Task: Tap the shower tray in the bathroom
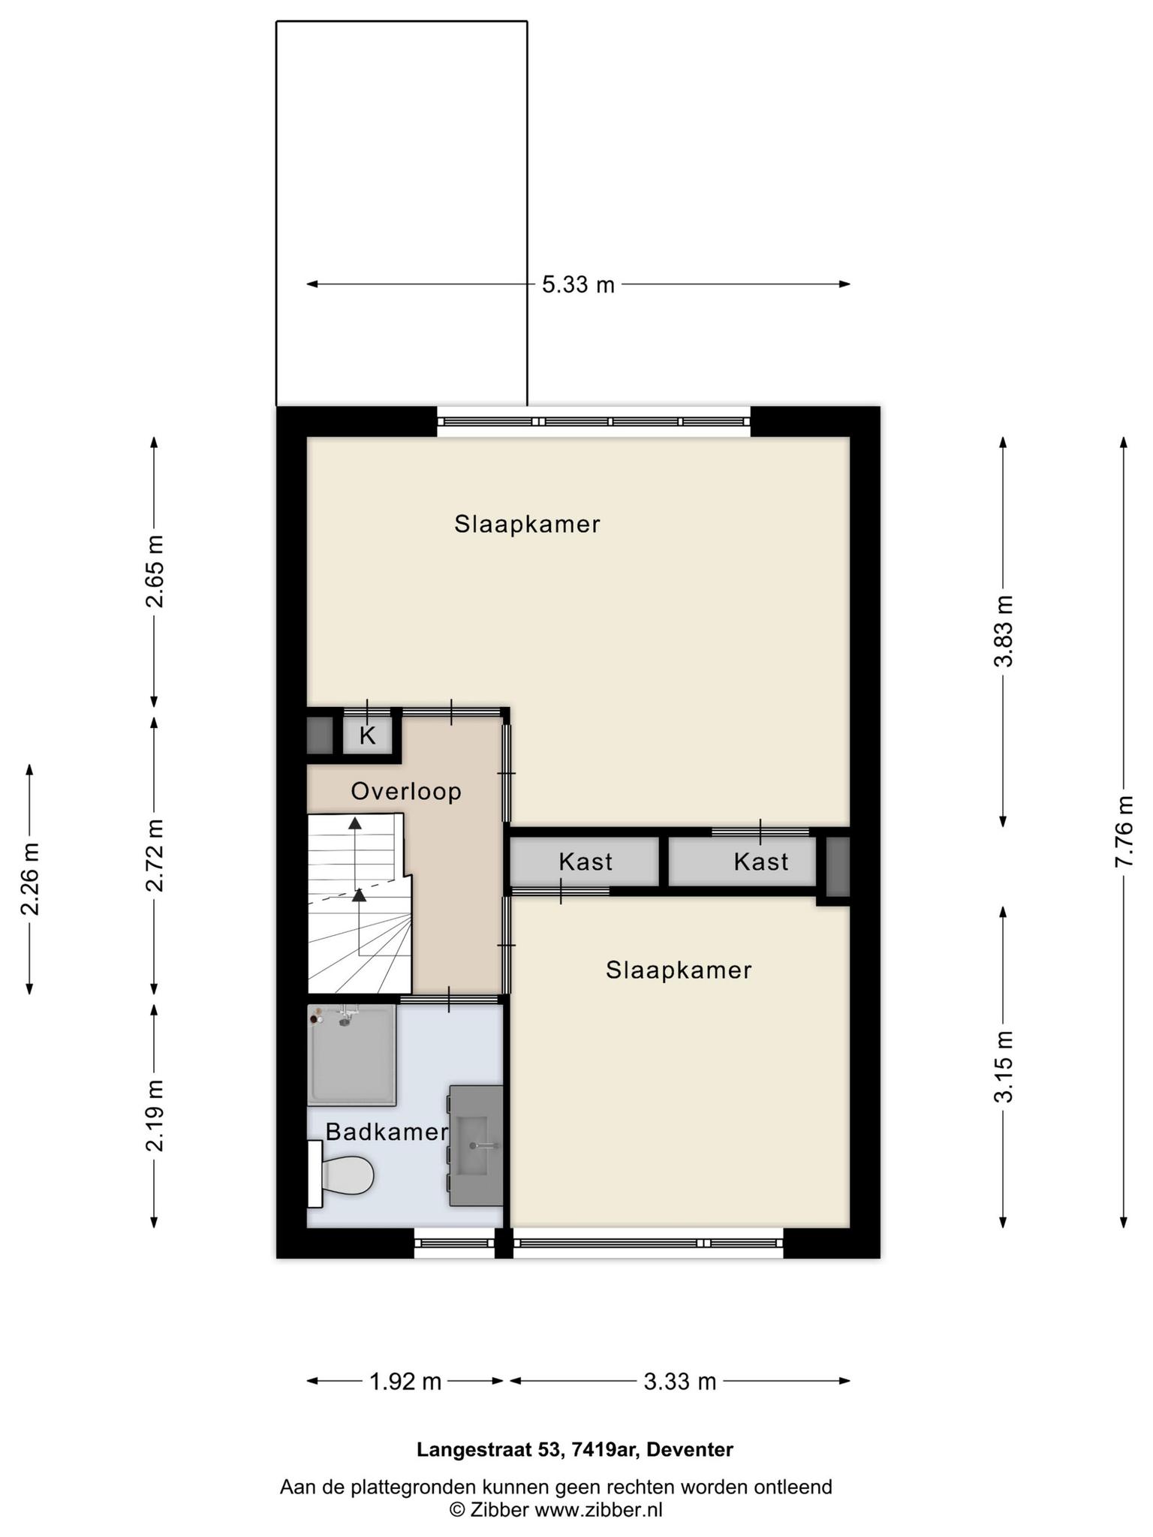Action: (351, 1055)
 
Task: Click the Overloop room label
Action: (406, 791)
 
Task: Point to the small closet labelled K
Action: (367, 735)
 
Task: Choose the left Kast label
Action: (586, 862)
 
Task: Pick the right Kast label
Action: (761, 862)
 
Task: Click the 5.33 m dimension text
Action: (578, 284)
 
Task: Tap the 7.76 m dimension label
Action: (1123, 831)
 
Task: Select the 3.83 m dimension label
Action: (1004, 630)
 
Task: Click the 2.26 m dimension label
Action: (30, 879)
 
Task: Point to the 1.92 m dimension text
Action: (405, 1382)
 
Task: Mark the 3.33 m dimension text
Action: (680, 1382)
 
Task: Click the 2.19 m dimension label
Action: (155, 1116)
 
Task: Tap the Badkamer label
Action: (387, 1132)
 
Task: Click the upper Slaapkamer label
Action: (527, 524)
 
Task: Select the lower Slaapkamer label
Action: (679, 970)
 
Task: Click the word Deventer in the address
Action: (690, 1450)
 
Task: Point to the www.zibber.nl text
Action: (598, 1510)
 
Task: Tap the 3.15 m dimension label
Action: (1004, 1066)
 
